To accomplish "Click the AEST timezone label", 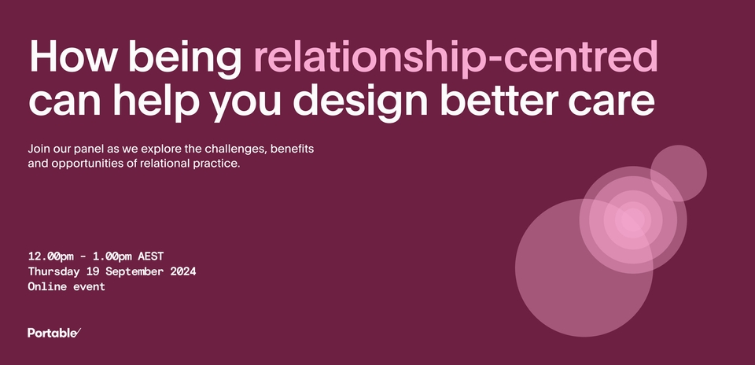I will pyautogui.click(x=150, y=256).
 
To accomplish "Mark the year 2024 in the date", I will pyautogui.click(x=179, y=271).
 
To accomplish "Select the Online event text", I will pyautogui.click(x=66, y=287).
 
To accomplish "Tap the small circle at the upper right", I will pyautogui.click(x=678, y=173).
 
